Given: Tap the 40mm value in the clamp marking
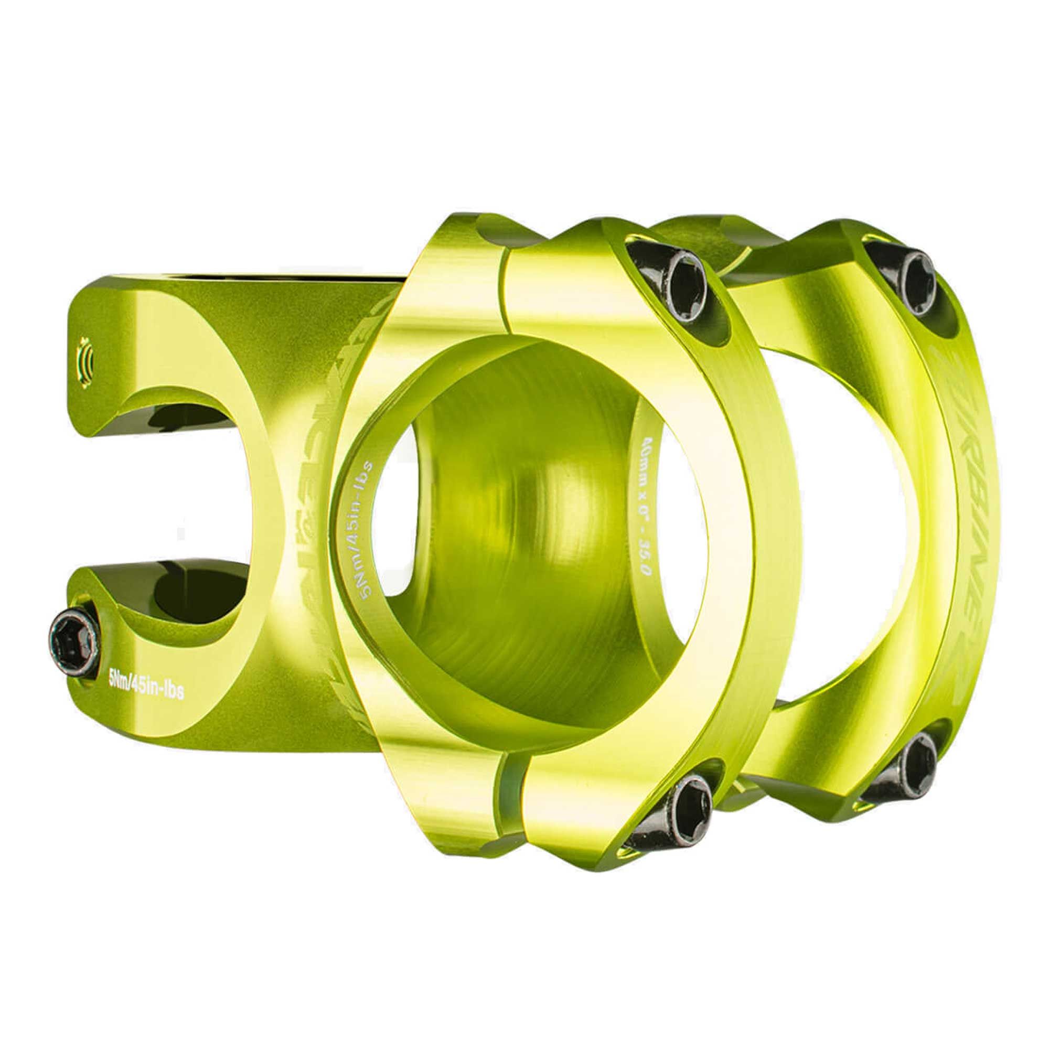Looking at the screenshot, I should [647, 462].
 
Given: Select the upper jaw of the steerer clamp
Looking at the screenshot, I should [163, 348].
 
